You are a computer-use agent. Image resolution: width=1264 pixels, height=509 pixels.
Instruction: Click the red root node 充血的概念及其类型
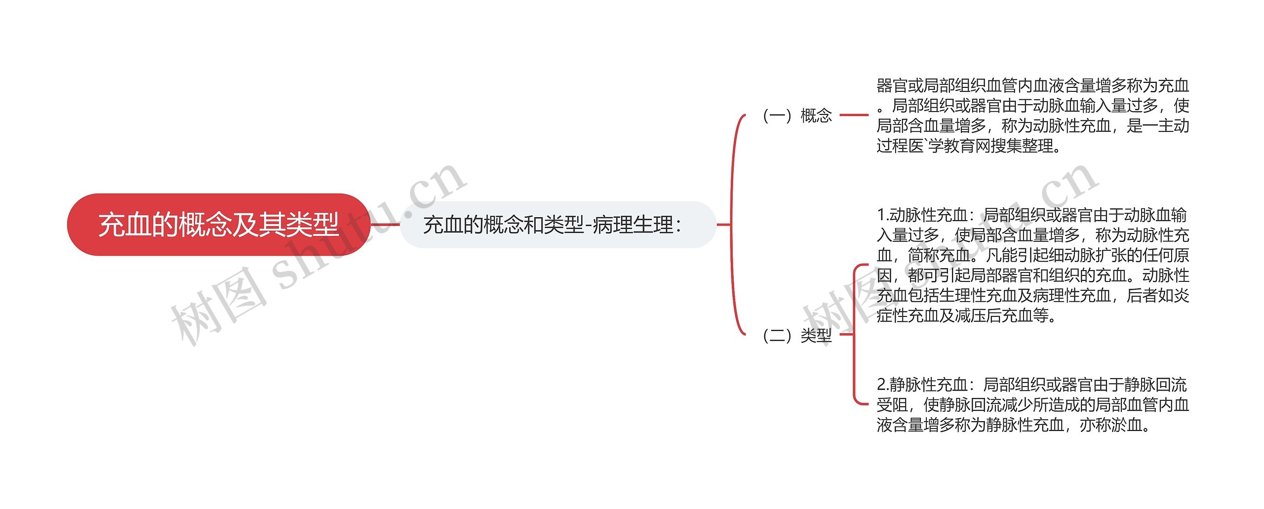(218, 225)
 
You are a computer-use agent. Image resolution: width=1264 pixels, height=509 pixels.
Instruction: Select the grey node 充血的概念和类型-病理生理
(558, 225)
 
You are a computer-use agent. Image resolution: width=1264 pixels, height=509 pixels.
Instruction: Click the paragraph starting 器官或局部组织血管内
(1032, 116)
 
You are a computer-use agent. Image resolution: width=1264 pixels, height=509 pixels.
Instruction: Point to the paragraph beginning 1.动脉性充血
(1032, 265)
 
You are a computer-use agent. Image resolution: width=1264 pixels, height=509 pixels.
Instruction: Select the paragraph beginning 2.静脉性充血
(1032, 404)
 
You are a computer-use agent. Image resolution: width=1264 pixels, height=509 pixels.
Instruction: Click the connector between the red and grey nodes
(386, 225)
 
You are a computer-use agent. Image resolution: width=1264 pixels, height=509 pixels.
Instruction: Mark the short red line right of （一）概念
(853, 115)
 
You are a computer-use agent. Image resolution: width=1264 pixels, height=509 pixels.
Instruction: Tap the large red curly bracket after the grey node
(732, 225)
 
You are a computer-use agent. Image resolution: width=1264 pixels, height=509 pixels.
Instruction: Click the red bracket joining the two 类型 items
(855, 335)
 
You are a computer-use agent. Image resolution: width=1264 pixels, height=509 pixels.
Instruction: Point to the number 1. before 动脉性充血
(883, 215)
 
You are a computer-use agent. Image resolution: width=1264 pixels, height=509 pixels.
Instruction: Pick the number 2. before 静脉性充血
(883, 384)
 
